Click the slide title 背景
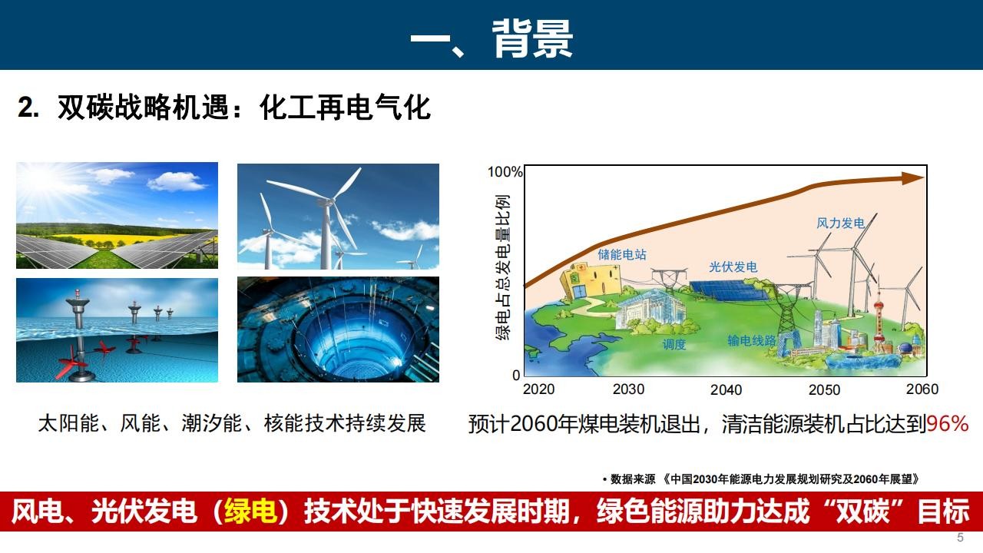(x=532, y=38)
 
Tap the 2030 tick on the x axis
(x=628, y=389)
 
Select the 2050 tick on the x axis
(x=824, y=389)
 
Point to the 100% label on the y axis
(x=505, y=171)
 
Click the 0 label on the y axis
(x=516, y=376)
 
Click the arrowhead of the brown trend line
(x=913, y=178)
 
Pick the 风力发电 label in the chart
(x=840, y=223)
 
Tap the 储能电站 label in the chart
(x=622, y=254)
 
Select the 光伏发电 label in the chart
(x=733, y=267)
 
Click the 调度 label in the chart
(x=674, y=344)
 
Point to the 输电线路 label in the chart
(x=752, y=340)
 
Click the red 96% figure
(x=948, y=423)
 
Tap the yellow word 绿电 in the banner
(x=250, y=512)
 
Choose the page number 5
(x=960, y=538)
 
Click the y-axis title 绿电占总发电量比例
(x=503, y=267)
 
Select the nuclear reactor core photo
(x=338, y=329)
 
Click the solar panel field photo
(x=117, y=216)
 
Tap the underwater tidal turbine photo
(x=117, y=330)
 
